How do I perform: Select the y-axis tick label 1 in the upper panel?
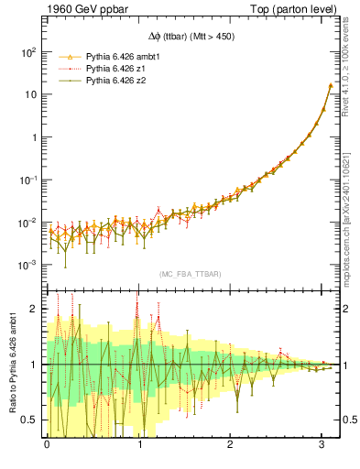[x=35, y=137]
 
